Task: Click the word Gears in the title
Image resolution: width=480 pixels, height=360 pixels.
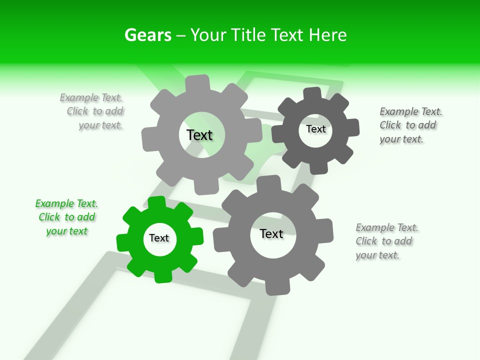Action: click(x=147, y=35)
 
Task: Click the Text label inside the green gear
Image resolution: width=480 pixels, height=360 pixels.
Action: click(x=159, y=238)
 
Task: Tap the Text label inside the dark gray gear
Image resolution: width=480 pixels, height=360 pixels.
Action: click(x=315, y=129)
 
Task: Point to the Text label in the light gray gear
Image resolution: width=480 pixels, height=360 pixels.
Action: click(x=199, y=135)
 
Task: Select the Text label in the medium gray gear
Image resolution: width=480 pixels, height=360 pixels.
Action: click(x=271, y=233)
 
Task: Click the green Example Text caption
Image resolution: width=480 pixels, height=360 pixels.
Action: click(x=66, y=217)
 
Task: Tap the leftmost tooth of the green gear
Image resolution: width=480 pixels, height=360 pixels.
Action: click(x=122, y=242)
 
